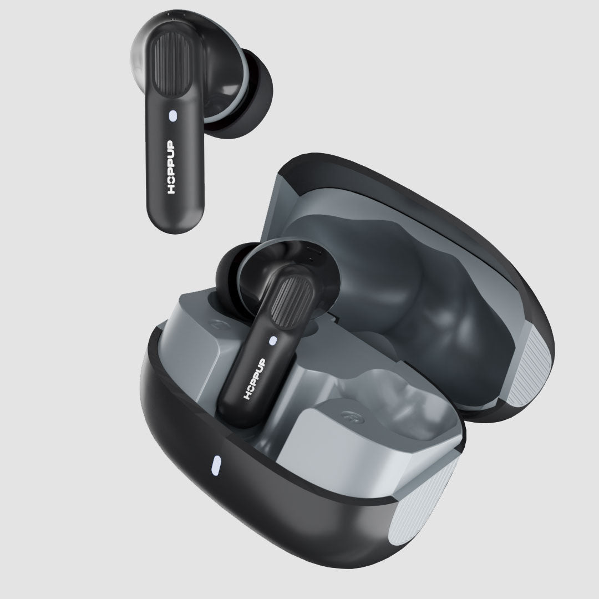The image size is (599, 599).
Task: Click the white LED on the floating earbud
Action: click(173, 116)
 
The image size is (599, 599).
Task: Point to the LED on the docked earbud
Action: click(272, 340)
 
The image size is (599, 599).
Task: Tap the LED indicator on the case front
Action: click(216, 466)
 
